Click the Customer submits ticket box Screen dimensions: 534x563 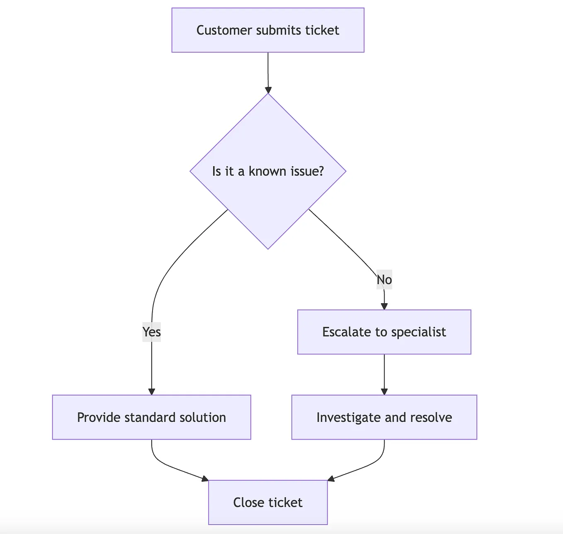[268, 30]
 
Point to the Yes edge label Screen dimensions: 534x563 [151, 332]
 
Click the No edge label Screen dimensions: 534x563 [384, 280]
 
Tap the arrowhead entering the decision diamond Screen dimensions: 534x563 [268, 90]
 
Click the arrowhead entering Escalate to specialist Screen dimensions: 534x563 [384, 307]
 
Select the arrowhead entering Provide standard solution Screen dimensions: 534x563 [152, 392]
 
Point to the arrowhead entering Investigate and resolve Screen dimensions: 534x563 [384, 392]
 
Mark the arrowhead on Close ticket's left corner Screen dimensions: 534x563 [205, 479]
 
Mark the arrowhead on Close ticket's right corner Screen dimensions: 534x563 [331, 479]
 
